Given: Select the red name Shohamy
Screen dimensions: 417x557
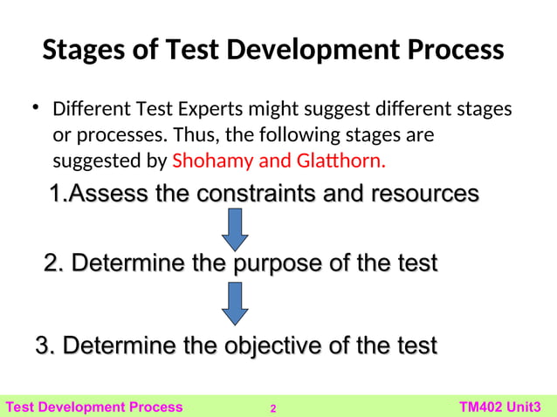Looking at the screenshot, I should tap(213, 161).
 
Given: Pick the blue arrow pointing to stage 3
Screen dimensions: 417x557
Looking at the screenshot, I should tap(235, 302).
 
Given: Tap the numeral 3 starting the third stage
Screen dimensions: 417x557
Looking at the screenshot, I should tap(40, 345).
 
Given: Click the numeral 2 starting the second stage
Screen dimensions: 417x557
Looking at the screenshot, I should tap(51, 263).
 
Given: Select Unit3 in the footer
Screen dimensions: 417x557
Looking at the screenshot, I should tap(533, 407).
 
